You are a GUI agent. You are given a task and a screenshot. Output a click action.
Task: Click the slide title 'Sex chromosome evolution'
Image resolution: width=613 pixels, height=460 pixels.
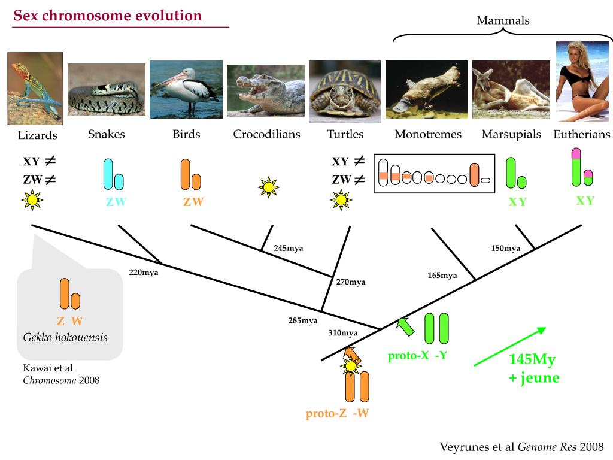[108, 16]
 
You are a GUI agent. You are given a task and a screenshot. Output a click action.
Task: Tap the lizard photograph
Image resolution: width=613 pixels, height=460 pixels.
[35, 89]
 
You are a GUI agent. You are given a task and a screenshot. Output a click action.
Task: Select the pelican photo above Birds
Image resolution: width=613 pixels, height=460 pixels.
[186, 89]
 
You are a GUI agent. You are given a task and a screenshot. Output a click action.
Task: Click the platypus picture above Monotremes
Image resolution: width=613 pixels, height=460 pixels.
[426, 90]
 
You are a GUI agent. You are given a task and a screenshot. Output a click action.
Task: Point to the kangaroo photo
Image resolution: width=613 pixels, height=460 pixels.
[511, 90]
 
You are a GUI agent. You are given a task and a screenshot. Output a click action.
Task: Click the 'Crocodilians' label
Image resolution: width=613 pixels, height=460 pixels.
[266, 134]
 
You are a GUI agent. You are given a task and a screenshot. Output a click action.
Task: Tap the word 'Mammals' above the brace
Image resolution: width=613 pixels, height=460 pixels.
[503, 20]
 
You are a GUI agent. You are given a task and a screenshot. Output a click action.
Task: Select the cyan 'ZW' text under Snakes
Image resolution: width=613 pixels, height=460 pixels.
[116, 202]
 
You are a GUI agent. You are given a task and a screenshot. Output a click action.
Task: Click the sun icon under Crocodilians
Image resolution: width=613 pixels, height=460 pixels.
[269, 187]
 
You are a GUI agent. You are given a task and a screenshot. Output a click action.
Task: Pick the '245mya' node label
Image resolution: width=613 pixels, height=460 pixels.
[289, 248]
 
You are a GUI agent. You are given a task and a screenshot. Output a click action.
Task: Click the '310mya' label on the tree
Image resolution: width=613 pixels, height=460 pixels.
[342, 333]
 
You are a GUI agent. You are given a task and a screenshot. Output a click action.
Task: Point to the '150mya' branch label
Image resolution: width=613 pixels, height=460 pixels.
[505, 248]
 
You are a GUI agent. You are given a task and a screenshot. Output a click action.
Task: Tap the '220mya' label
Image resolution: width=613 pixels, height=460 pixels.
[144, 271]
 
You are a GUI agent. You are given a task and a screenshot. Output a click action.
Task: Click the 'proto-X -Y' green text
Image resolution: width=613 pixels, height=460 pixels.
[417, 356]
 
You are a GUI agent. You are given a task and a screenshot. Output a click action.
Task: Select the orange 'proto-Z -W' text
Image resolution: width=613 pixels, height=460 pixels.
[336, 413]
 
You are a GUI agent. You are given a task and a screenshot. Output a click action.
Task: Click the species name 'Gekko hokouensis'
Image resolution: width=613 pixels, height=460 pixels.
[65, 337]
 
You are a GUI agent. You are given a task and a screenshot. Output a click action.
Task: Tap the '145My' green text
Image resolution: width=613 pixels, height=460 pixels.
[532, 360]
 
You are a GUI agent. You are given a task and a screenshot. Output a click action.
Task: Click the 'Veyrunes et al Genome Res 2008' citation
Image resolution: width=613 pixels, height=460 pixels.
[521, 447]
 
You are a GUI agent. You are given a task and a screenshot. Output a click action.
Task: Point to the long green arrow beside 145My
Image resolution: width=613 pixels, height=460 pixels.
[509, 346]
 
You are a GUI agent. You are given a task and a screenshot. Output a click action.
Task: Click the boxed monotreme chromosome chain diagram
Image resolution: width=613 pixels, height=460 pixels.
[435, 174]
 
